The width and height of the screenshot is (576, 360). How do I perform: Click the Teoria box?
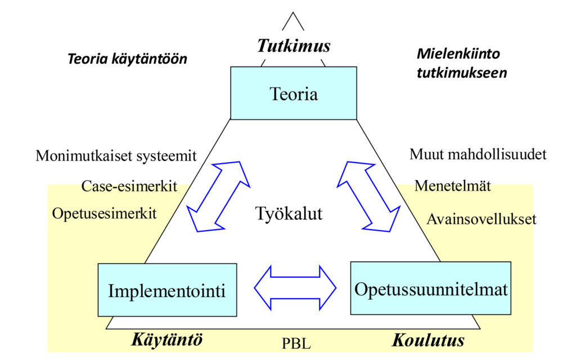tap(294, 93)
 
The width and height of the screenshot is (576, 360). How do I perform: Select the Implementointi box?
tap(166, 290)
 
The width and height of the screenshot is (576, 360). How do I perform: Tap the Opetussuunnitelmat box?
tap(431, 288)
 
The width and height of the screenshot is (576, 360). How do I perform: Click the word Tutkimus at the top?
tap(294, 46)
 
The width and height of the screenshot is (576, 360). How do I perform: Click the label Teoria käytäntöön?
tap(127, 58)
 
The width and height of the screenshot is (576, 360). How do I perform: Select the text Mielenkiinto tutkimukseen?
tap(461, 63)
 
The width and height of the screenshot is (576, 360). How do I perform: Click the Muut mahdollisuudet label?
tap(478, 154)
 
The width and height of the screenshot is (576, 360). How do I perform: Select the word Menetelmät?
tap(453, 186)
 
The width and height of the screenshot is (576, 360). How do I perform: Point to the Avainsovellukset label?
tap(481, 219)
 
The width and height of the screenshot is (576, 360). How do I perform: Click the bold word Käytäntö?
tap(166, 340)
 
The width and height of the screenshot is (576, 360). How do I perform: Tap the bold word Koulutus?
tap(429, 340)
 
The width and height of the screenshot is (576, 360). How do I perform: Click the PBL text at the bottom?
tap(296, 343)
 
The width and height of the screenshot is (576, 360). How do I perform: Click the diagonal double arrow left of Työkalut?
tap(219, 197)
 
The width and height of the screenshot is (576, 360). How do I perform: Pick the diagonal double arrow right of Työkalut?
tap(368, 197)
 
